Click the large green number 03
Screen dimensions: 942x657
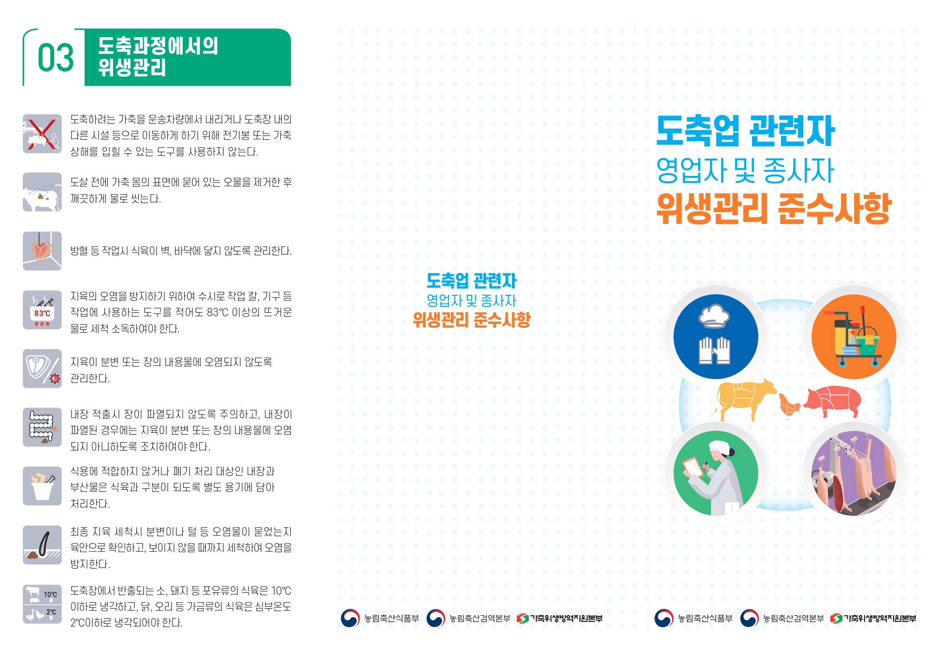point(56,58)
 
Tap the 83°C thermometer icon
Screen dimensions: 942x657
point(42,310)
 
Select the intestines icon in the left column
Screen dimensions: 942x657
point(42,427)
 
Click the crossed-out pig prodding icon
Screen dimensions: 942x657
point(42,133)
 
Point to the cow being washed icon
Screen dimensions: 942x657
point(42,192)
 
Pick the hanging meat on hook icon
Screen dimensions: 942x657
point(42,251)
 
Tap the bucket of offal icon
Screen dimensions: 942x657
point(42,486)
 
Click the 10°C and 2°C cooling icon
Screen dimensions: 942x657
point(42,604)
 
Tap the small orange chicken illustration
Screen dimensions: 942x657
point(789,407)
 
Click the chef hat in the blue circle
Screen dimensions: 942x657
point(714,316)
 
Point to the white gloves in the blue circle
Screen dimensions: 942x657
point(714,350)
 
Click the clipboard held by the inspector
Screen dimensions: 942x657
point(694,467)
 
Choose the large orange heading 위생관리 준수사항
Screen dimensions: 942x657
point(774,208)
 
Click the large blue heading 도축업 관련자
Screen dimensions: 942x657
point(745,131)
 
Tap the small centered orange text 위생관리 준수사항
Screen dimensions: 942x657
point(472,320)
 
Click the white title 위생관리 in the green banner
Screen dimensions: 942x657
point(132,67)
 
